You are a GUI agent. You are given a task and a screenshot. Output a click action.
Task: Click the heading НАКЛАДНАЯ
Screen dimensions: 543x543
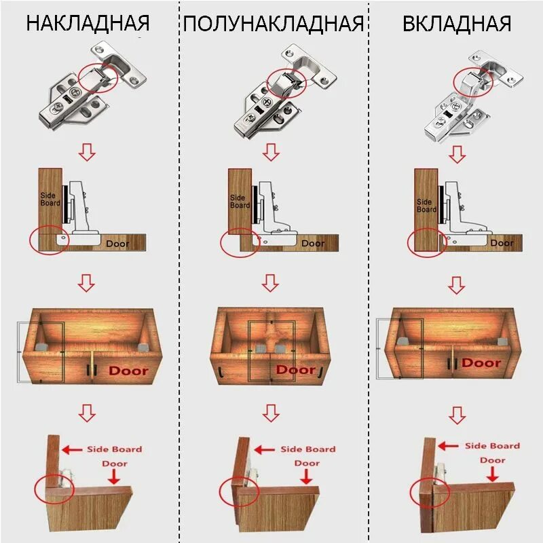[88, 23]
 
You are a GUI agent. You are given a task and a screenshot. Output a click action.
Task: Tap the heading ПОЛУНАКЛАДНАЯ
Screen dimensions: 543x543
[273, 23]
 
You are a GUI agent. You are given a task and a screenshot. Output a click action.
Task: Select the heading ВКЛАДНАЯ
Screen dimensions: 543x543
[456, 23]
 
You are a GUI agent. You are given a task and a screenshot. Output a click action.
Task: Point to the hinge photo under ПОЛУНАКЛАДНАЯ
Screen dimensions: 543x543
[278, 91]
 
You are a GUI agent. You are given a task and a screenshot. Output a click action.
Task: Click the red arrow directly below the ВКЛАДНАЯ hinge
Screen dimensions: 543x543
[457, 155]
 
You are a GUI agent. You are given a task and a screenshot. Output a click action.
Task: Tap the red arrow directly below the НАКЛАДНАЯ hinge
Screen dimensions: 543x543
[87, 153]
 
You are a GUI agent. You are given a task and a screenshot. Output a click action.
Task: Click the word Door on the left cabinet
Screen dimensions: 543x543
[128, 371]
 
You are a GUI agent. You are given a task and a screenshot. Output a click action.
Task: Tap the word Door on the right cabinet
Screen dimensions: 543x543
[481, 363]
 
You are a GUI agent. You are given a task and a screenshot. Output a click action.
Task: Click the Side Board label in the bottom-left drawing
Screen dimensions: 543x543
[114, 449]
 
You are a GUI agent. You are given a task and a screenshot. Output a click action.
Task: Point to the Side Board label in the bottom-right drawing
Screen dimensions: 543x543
[492, 445]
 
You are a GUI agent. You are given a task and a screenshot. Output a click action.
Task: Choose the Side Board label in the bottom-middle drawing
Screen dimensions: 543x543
[307, 449]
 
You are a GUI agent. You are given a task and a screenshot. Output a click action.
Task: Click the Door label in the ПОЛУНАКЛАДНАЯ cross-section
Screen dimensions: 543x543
[313, 243]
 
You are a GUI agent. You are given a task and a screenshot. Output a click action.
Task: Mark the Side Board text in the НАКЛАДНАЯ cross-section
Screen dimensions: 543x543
[51, 199]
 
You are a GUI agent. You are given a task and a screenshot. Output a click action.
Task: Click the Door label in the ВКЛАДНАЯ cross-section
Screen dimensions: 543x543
[502, 242]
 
